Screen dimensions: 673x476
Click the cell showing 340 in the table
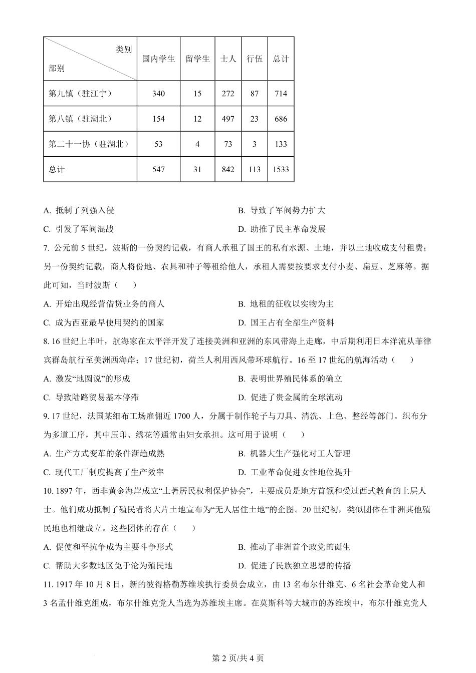click(x=158, y=94)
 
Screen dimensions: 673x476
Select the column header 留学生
click(x=197, y=59)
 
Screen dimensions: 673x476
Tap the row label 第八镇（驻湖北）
click(x=80, y=119)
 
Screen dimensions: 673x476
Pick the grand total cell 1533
click(x=281, y=169)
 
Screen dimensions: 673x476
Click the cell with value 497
click(x=228, y=119)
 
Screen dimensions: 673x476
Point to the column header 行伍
click(x=254, y=59)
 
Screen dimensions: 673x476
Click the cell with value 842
click(x=228, y=169)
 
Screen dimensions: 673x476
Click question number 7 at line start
click(x=46, y=248)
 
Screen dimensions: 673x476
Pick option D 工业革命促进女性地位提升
click(x=295, y=472)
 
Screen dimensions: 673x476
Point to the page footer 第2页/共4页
click(x=238, y=658)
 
